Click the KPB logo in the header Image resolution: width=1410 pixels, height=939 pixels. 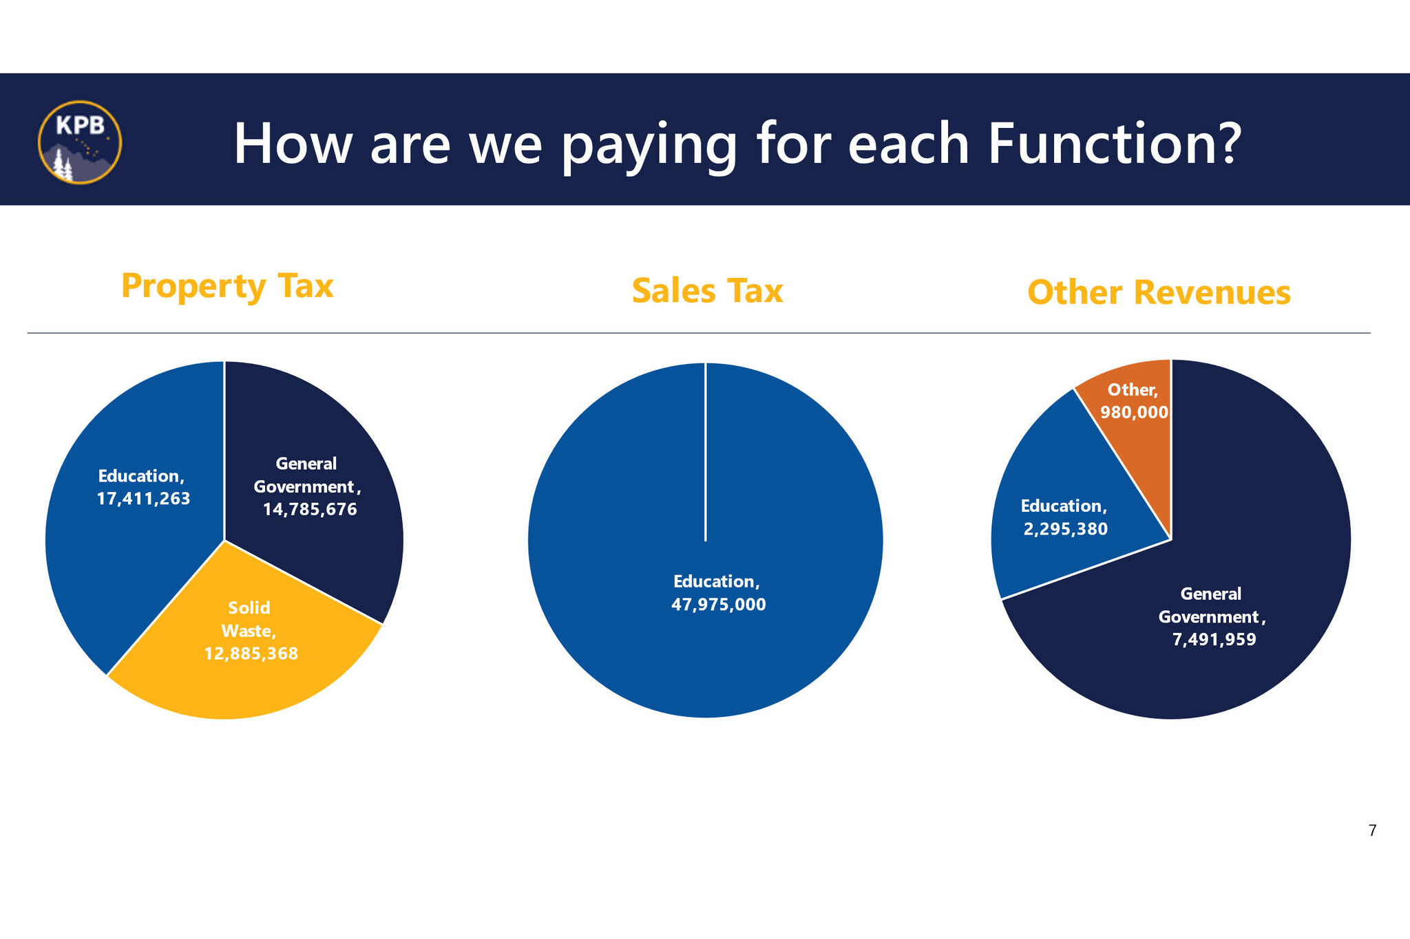pyautogui.click(x=80, y=142)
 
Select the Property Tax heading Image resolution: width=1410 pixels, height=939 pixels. pyautogui.click(x=227, y=286)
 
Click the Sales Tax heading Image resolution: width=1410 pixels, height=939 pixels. pyautogui.click(x=707, y=290)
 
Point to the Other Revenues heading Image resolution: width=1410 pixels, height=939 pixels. pyautogui.click(x=1159, y=292)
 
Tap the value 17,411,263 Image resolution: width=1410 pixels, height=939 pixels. pyautogui.click(x=143, y=499)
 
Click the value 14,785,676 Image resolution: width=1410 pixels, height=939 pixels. pyautogui.click(x=310, y=510)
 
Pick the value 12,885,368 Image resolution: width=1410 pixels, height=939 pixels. pyautogui.click(x=251, y=654)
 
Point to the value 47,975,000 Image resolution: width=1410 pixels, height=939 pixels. pyautogui.click(x=718, y=605)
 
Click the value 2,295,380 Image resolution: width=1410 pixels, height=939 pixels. pyautogui.click(x=1066, y=529)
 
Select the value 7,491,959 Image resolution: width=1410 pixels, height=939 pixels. pyautogui.click(x=1214, y=640)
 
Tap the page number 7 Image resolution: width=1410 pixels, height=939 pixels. pyautogui.click(x=1372, y=831)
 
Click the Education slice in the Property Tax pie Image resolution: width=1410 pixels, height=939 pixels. pyautogui.click(x=131, y=509)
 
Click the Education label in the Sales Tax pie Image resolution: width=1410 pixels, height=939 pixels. pyautogui.click(x=716, y=582)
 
